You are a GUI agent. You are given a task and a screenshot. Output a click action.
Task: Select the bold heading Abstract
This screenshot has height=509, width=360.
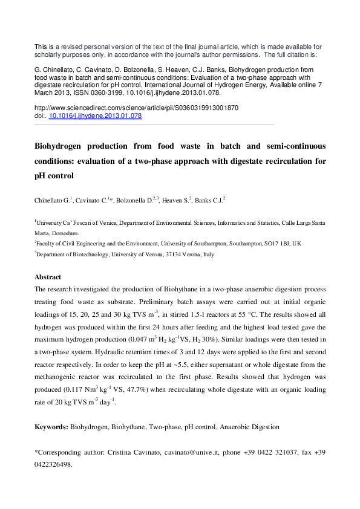pyautogui.click(x=48, y=277)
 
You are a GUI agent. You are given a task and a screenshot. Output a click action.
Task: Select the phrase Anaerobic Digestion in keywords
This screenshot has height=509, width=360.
pyautogui.click(x=249, y=427)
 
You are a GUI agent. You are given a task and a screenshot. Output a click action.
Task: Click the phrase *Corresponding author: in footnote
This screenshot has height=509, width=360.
pyautogui.click(x=69, y=452)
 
